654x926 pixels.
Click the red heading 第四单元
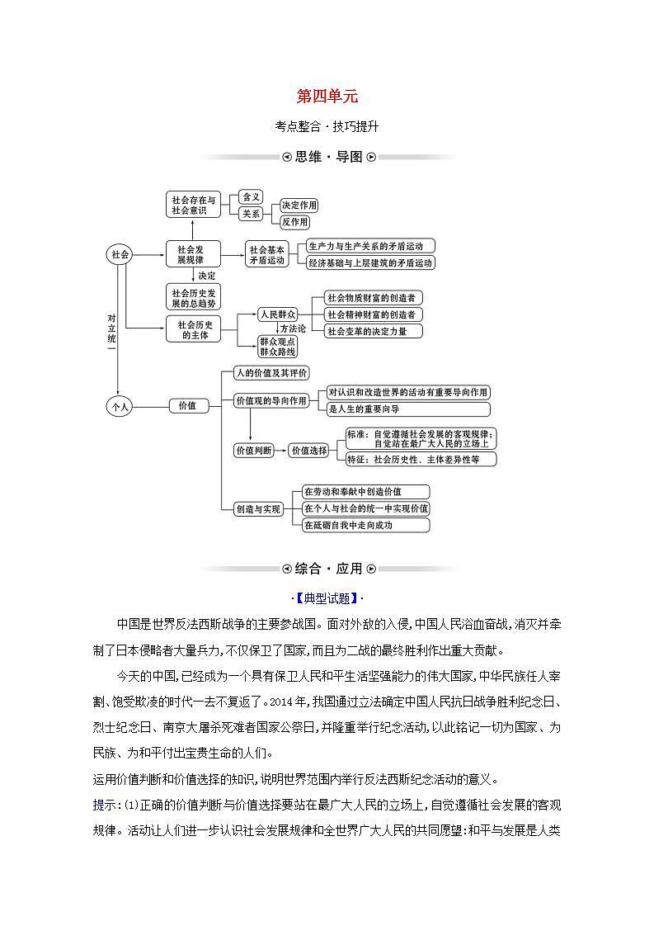coord(327,97)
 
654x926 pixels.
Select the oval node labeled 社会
coord(120,255)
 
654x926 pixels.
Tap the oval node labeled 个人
coord(120,406)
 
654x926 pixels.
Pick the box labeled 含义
coord(251,197)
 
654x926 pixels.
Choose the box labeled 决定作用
coord(299,206)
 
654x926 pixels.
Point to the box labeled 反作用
coord(294,222)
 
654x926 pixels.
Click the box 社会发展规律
coord(194,254)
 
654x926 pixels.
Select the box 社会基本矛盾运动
coord(266,254)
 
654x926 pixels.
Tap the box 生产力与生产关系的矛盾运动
coord(369,246)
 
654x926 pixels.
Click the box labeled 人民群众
coord(277,314)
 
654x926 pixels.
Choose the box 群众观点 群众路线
coord(277,346)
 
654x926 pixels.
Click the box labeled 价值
coord(188,405)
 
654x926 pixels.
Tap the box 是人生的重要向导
coord(407,409)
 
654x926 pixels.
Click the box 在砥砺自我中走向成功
coord(365,525)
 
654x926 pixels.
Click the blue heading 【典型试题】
coord(327,598)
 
